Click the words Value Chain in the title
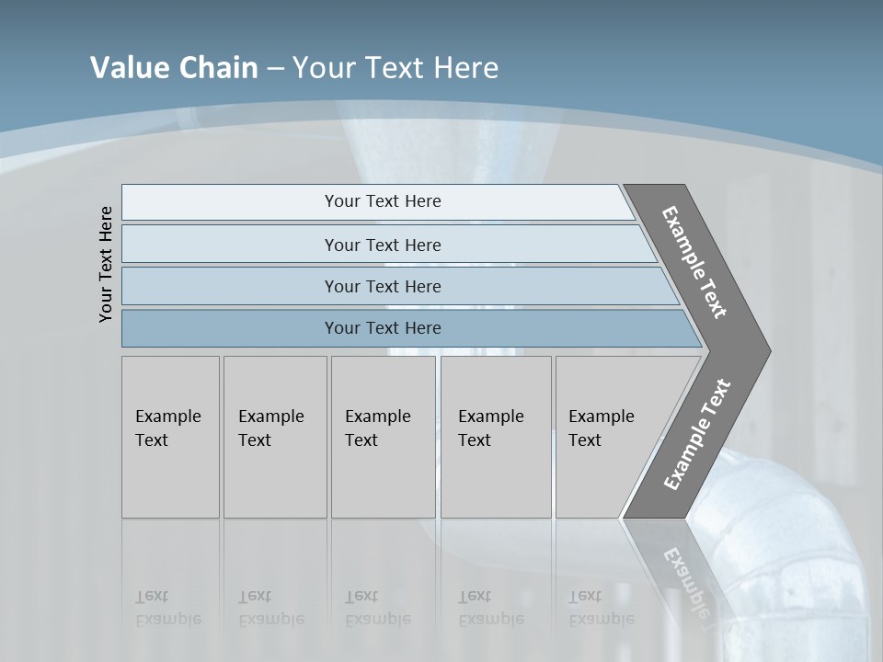coord(174,68)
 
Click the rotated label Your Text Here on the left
coord(107,264)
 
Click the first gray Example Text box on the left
coord(170,437)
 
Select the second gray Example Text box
coord(275,437)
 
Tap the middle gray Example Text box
coord(383,437)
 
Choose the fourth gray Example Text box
coord(496,437)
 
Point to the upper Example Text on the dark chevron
coord(695,262)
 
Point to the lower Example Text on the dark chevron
coord(696,435)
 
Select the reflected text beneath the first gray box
coord(167,608)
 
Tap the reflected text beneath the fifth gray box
coord(601,608)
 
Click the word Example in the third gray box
coord(377,417)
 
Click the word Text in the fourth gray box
coord(475,440)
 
